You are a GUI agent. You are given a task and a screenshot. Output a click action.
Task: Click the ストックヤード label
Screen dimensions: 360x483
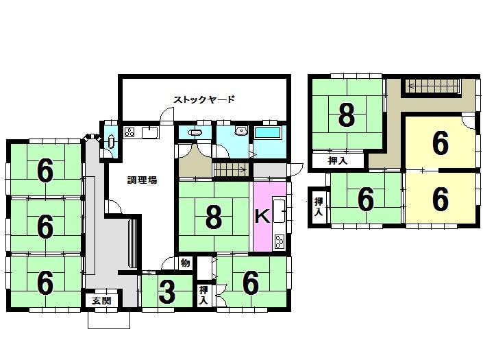click(x=204, y=99)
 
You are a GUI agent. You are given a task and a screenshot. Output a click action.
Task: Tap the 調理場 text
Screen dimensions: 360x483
click(x=143, y=180)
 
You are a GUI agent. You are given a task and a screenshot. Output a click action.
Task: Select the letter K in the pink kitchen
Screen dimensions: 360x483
click(x=262, y=216)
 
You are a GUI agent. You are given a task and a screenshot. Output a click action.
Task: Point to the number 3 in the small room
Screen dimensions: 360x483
click(x=166, y=293)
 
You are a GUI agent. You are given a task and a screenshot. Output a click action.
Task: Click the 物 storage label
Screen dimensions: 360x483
click(x=185, y=263)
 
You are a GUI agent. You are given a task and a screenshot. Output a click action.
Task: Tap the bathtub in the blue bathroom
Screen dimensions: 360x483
click(x=268, y=132)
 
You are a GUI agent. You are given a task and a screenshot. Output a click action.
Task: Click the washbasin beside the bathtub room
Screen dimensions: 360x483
click(x=240, y=132)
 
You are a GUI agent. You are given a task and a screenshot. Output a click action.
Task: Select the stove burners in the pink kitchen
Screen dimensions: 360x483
click(x=280, y=240)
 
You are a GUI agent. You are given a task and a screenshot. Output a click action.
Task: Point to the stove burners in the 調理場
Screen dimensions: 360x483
click(x=129, y=132)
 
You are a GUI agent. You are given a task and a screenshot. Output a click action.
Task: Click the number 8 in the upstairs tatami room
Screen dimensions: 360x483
click(x=347, y=115)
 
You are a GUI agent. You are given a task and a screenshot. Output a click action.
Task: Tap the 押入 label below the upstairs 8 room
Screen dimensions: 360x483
click(x=337, y=161)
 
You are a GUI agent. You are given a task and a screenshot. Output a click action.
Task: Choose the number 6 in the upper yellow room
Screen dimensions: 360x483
click(x=441, y=143)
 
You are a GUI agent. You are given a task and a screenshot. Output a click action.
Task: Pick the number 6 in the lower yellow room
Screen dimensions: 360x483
click(x=441, y=199)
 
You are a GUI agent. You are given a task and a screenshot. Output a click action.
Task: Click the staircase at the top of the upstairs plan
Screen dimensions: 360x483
click(x=432, y=86)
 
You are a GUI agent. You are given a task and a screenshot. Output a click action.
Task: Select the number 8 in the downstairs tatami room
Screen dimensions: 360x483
click(x=214, y=218)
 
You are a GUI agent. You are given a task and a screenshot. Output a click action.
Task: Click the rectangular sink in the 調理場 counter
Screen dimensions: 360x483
click(x=151, y=132)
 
